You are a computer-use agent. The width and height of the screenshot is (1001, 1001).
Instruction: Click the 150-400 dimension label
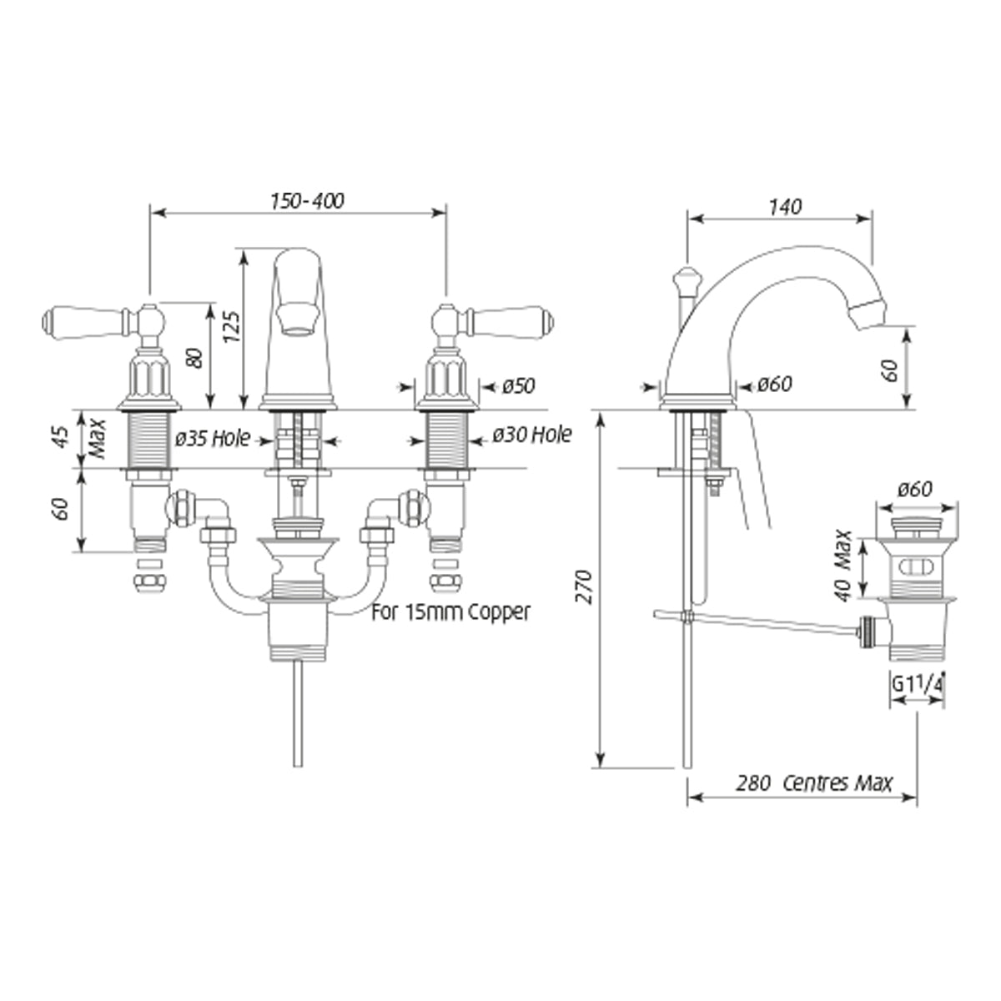pos(307,201)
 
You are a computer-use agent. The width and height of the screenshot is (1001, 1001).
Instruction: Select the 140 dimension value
pos(785,207)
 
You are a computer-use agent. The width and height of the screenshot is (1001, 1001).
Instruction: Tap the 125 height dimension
pos(232,326)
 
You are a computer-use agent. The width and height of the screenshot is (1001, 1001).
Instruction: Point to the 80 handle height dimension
pos(195,358)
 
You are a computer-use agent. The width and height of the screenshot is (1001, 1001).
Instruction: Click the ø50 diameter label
pos(518,386)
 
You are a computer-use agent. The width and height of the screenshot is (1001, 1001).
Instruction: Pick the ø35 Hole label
pos(213,439)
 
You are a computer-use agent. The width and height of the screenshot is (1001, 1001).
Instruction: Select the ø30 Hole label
pos(532,435)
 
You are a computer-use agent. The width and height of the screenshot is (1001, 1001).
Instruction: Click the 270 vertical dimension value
pos(586,587)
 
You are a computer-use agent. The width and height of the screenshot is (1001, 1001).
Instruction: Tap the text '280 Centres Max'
pos(814,782)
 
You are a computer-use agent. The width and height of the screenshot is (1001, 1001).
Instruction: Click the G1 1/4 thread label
pos(918,684)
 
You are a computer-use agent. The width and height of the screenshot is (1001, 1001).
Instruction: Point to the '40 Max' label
pos(843,566)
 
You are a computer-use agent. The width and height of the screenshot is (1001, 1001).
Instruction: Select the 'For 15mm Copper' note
pos(451,611)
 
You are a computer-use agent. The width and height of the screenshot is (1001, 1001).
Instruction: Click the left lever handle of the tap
pos(86,323)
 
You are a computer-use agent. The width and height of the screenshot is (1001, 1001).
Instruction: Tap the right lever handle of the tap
pos(511,323)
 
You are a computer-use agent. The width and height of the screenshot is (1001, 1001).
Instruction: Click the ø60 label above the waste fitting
pos(915,489)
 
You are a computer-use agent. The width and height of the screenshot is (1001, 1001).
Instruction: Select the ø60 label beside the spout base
pos(774,384)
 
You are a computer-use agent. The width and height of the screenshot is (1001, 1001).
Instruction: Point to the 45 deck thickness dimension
pos(61,436)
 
